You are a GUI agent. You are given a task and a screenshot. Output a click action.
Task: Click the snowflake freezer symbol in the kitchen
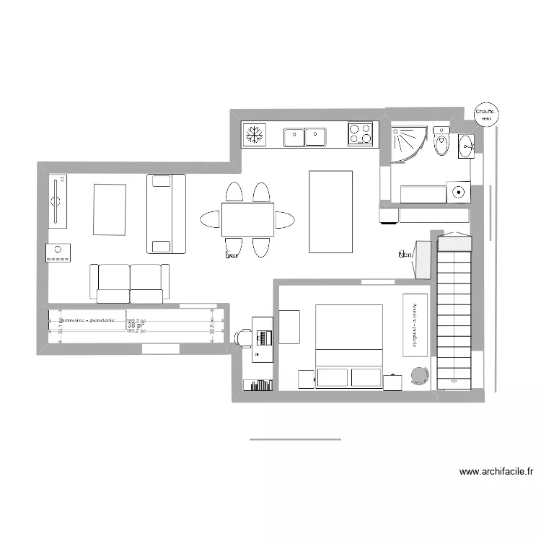coord(253,134)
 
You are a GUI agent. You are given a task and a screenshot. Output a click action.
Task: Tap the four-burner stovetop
coord(360,134)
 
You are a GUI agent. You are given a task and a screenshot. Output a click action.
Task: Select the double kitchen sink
coord(304,136)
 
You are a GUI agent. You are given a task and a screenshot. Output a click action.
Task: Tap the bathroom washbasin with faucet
coord(465,146)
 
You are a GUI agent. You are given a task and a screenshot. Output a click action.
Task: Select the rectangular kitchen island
coord(330,211)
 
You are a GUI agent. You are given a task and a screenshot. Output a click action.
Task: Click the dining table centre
coord(247,219)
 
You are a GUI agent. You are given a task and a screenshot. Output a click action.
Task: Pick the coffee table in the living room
coord(110,209)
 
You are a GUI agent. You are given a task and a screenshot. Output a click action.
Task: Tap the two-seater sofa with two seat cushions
coord(130,283)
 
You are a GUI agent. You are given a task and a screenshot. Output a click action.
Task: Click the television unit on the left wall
coord(58,201)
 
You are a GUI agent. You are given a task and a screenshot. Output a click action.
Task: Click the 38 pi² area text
coord(136,326)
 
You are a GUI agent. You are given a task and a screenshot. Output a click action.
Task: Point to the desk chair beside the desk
coord(244,336)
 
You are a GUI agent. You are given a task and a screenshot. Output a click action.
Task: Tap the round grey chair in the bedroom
coord(419,374)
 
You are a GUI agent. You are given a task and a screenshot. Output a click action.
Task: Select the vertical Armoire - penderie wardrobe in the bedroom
coord(415,324)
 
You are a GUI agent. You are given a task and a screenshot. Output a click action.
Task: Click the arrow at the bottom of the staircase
coord(454,379)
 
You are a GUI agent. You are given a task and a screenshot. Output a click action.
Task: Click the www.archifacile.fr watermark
coord(496,472)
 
